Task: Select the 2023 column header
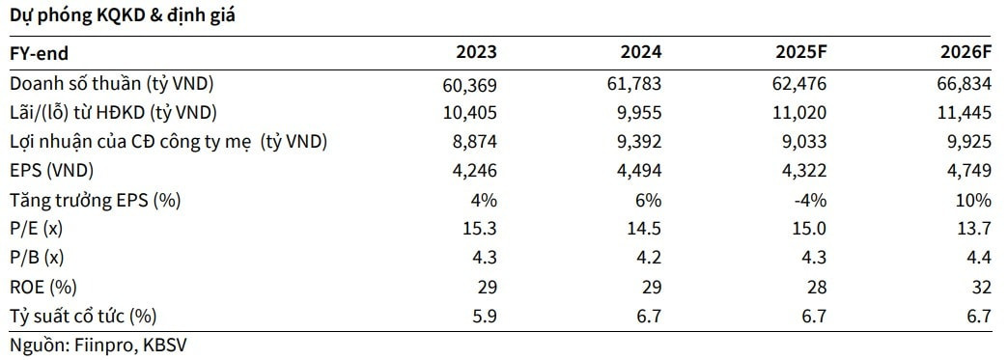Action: [x=476, y=53]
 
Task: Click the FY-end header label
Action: [x=40, y=53]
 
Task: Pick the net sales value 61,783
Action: [x=635, y=84]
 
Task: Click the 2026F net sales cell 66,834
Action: [x=965, y=84]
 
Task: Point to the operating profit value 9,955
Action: [x=639, y=113]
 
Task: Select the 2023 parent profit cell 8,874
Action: [x=475, y=142]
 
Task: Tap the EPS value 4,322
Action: [x=804, y=171]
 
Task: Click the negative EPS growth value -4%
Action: [x=809, y=200]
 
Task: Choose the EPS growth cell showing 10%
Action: [x=974, y=200]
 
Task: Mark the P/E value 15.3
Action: [x=481, y=229]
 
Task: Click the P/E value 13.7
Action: [x=974, y=229]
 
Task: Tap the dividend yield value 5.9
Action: [x=486, y=316]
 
